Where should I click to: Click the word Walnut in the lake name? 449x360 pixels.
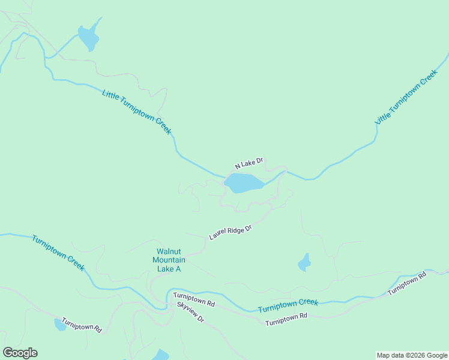tap(169, 251)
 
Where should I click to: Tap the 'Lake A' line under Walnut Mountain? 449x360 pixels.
tap(169, 269)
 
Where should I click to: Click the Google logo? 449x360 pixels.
tap(20, 353)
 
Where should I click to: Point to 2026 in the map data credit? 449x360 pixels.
tap(415, 355)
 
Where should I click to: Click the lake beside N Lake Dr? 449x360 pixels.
tap(243, 183)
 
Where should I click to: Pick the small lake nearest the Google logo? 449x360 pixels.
tap(61, 325)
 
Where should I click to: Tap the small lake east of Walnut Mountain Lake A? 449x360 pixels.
tap(304, 263)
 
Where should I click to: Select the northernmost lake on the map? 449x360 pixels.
tap(88, 38)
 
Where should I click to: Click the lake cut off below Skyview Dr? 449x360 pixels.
tap(161, 355)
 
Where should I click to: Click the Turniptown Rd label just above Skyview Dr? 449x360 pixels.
tap(194, 299)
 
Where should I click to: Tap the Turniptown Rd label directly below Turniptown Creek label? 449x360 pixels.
tap(286, 319)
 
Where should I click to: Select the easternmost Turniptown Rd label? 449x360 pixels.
tap(406, 284)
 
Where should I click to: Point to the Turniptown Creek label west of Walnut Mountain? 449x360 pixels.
tap(58, 253)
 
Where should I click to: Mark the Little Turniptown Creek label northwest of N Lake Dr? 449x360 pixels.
tap(137, 112)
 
